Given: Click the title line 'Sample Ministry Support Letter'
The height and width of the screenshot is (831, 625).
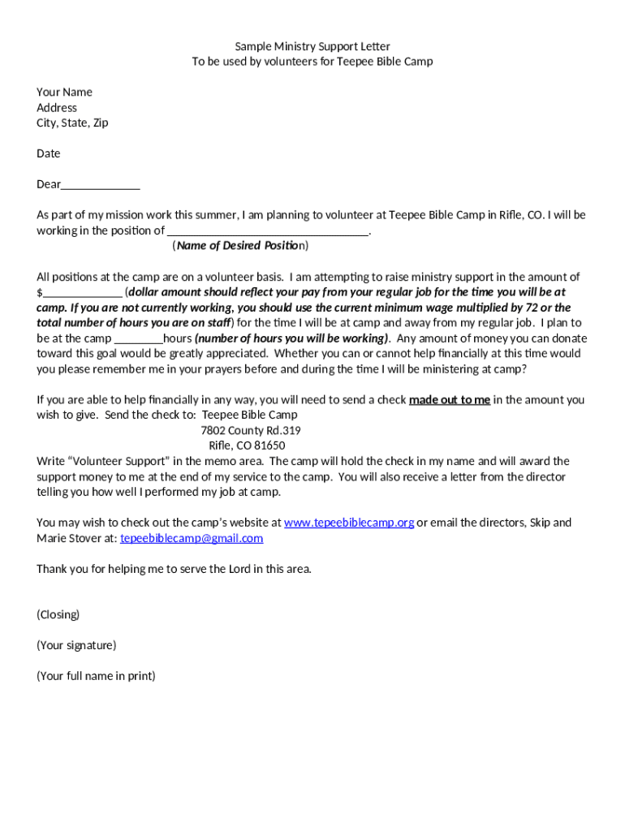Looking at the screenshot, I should pos(312,46).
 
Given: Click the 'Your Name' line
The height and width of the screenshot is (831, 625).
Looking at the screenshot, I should pos(64,92).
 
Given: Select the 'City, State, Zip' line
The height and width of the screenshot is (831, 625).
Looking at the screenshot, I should pos(72,123).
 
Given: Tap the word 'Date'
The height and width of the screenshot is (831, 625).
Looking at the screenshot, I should pos(48,153).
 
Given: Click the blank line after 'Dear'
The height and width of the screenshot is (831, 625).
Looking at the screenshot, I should pos(101,185).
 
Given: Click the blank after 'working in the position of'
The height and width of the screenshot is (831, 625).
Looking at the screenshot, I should pos(268,231).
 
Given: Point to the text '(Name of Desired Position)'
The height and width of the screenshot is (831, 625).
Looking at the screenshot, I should pos(240,246).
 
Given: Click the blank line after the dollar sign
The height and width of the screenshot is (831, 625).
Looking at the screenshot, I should pos(83,292).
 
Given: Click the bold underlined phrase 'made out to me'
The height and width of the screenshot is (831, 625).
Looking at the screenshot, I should pos(450,399).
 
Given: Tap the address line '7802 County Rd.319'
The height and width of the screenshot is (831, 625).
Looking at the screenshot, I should pos(251,430).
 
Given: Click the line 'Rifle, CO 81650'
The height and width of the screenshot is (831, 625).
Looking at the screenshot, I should pos(247,446).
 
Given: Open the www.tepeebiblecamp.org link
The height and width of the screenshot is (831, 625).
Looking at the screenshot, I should pos(349,523).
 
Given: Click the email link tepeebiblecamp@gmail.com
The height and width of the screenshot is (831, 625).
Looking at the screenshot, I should pos(192,538).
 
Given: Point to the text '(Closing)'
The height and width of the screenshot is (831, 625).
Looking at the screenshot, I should pos(58,614).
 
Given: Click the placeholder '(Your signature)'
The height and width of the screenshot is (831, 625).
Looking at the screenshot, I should pos(76,645).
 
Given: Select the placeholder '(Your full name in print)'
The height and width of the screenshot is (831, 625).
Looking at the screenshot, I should pos(96,676).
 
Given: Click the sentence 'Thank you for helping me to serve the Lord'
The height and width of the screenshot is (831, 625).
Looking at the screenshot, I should pos(174,569).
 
